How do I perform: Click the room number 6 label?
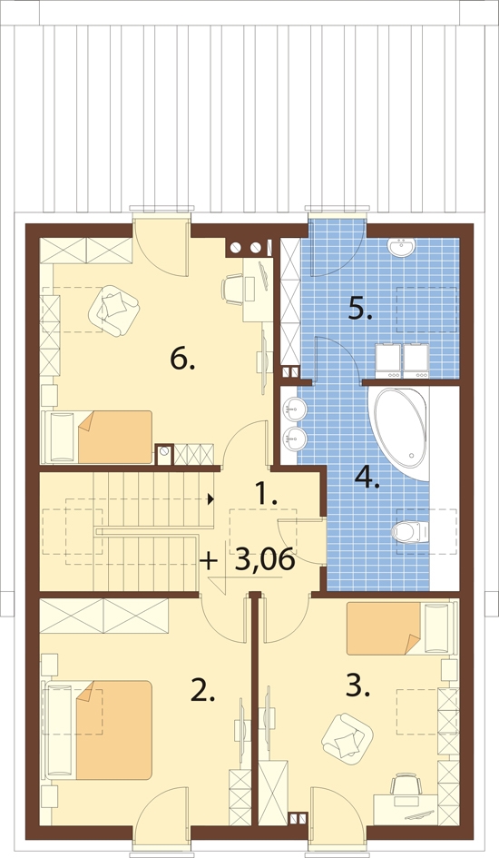click(182, 359)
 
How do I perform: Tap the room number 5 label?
click(361, 310)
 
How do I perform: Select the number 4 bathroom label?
click(367, 478)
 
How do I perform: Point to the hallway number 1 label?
click(268, 495)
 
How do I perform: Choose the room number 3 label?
click(358, 686)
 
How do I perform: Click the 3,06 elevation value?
click(265, 560)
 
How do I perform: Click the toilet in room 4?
click(409, 531)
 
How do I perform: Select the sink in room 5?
click(403, 248)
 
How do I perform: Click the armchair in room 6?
click(113, 310)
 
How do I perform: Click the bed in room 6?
click(97, 437)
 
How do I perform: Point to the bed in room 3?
click(401, 628)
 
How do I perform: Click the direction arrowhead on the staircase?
click(210, 498)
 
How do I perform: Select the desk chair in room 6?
click(233, 289)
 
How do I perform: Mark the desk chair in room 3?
click(406, 784)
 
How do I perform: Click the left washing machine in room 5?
click(388, 360)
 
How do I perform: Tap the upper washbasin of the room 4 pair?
click(295, 408)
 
